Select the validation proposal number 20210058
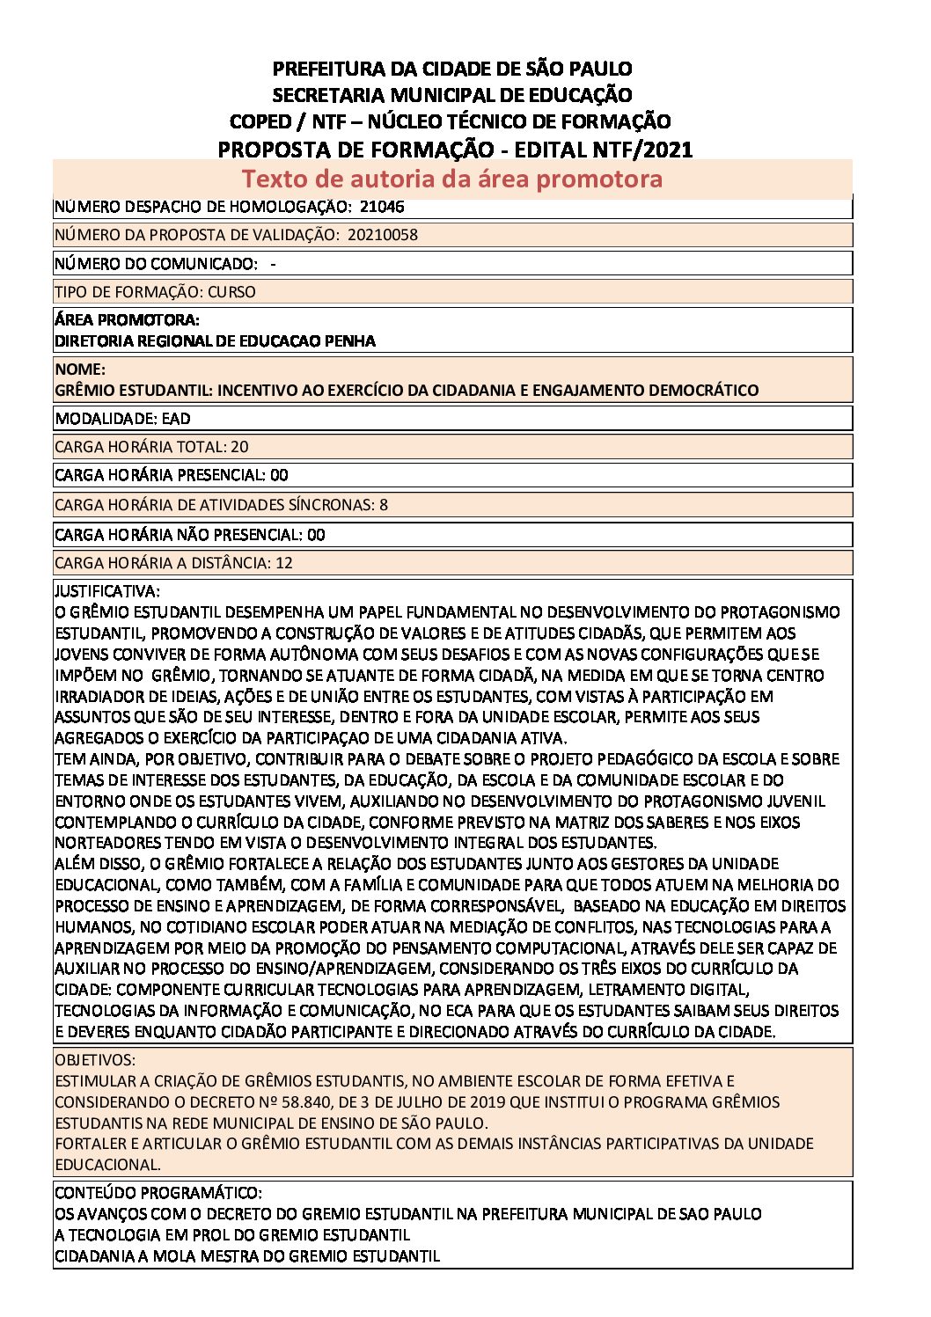[x=383, y=235]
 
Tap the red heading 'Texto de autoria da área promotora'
[x=451, y=179]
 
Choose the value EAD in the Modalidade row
[x=176, y=419]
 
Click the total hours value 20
[x=239, y=447]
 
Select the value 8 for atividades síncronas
[x=384, y=505]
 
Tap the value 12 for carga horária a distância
[x=284, y=563]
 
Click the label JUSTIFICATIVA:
[x=107, y=591]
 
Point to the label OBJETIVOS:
[x=95, y=1060]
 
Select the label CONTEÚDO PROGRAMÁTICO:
[x=158, y=1193]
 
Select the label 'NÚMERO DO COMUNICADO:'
[x=156, y=264]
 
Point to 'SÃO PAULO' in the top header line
[x=585, y=69]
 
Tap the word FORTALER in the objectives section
[x=92, y=1144]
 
